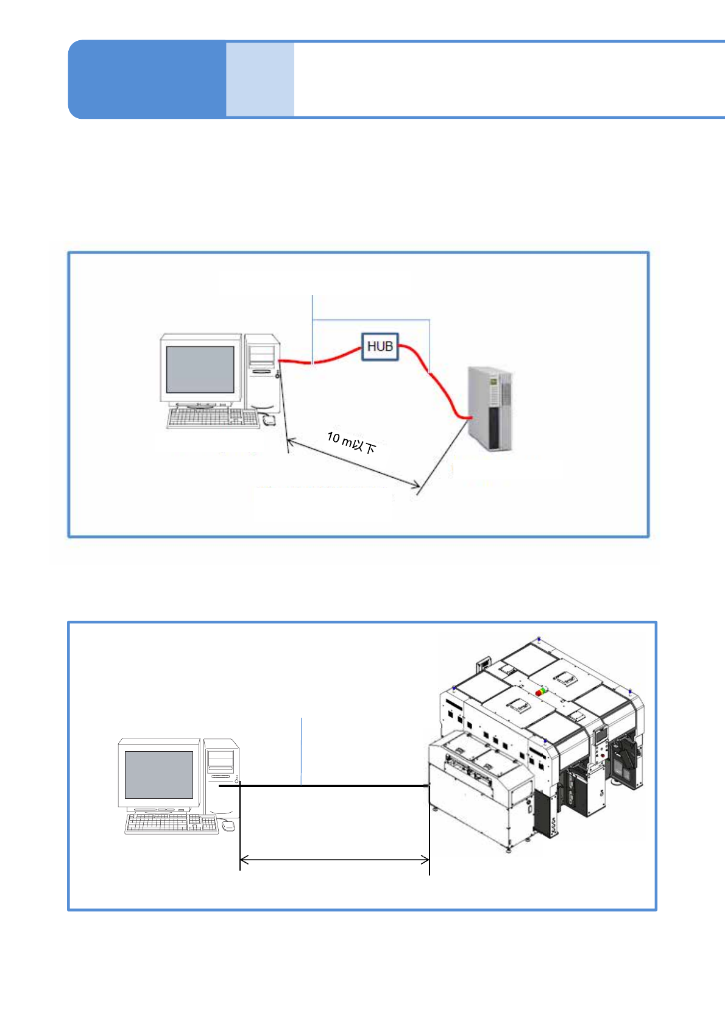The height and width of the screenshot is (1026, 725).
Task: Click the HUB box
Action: pos(380,347)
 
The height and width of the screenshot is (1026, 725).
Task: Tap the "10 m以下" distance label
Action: pos(352,442)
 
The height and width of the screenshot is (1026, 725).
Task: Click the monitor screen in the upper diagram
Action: pos(200,370)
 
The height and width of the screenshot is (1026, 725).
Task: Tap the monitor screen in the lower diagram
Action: pos(158,774)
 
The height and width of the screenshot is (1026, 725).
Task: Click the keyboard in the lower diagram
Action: pos(171,824)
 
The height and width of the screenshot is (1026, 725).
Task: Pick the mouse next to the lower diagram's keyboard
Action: pos(228,826)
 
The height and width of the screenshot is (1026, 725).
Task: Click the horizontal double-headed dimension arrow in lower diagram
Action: pos(334,860)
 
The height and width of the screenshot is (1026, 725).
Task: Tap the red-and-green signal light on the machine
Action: pos(540,692)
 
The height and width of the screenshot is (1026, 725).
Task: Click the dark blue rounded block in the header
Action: pos(147,79)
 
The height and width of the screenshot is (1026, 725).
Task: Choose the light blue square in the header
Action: pos(260,79)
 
